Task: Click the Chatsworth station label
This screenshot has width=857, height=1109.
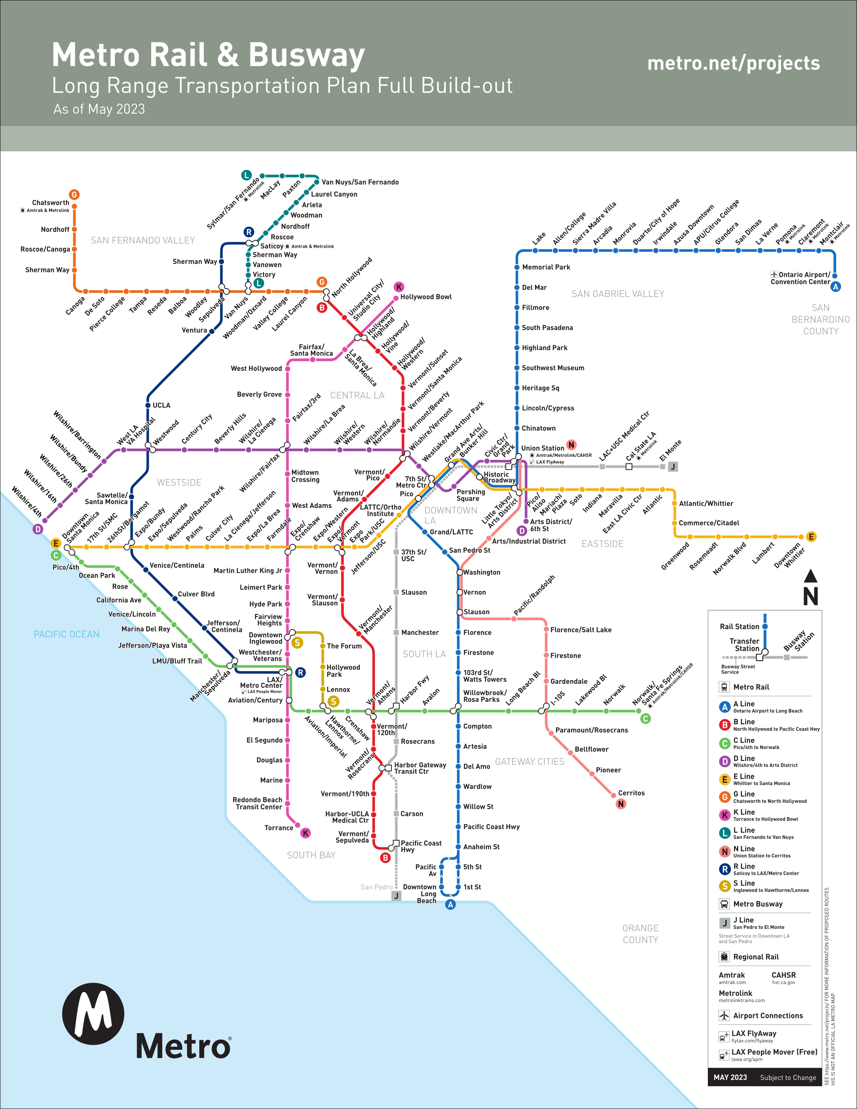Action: tap(50, 203)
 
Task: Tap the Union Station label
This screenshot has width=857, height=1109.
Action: tap(542, 448)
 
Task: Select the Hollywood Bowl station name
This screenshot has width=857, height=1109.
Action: tap(425, 297)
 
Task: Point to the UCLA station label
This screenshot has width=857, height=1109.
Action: tap(162, 405)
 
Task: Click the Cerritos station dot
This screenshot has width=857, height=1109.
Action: tap(613, 795)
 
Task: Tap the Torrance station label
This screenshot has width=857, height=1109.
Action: tap(279, 828)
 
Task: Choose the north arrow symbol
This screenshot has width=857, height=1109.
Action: tap(810, 588)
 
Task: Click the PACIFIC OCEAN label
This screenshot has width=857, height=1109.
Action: tap(67, 634)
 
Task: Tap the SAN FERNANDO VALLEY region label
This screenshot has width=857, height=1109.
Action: tap(143, 240)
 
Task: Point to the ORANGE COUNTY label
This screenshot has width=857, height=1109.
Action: tap(640, 934)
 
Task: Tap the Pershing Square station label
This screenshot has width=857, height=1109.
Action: tap(471, 495)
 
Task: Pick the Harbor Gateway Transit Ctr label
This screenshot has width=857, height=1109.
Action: tap(420, 768)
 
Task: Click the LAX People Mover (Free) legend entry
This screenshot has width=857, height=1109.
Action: tap(774, 1052)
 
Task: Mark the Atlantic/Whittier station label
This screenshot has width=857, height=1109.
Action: tap(706, 503)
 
